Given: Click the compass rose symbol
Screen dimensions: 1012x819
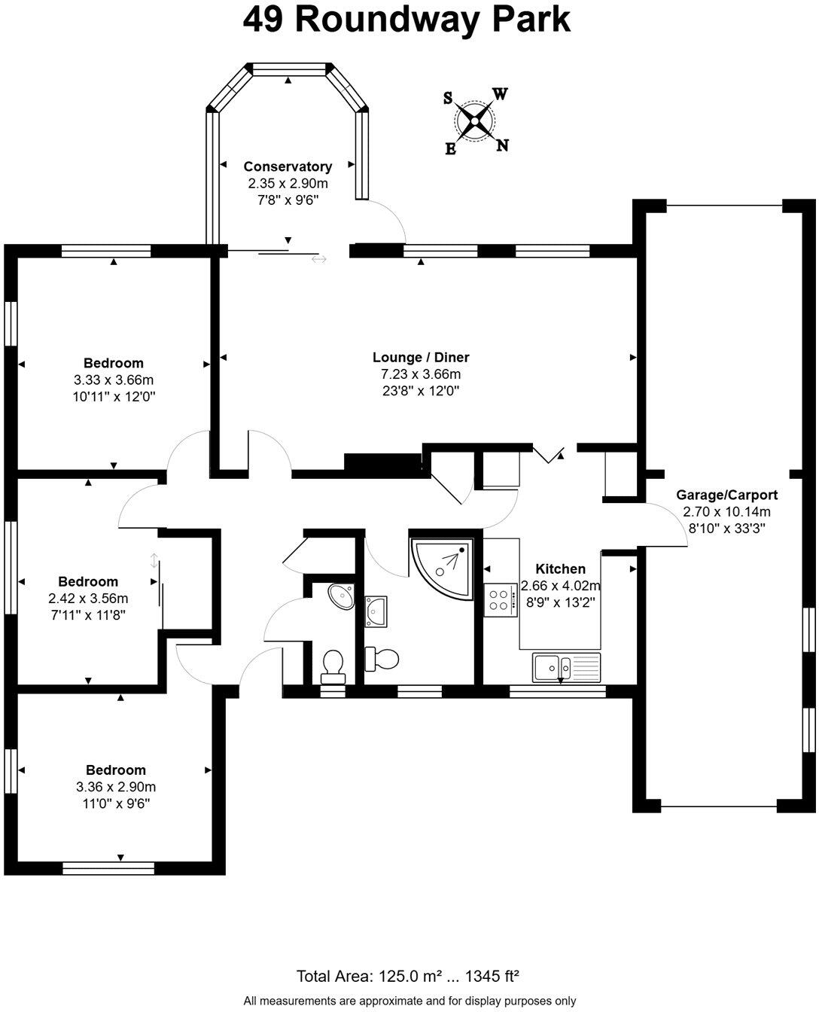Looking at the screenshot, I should (x=475, y=120).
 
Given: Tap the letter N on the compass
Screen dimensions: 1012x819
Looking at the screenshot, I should (x=502, y=145).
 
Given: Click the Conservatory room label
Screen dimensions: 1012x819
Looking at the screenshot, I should (x=288, y=166).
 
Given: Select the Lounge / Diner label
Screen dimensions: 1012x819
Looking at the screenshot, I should (x=421, y=357).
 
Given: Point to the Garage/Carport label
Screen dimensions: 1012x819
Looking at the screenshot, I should (x=726, y=495).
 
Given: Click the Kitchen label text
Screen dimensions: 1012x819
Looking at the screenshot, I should (x=560, y=568).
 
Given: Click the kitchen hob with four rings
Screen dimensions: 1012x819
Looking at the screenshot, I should (x=498, y=600).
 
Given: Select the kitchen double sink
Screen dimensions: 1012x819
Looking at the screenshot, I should (x=567, y=666).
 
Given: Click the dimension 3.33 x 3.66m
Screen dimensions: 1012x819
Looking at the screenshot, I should (x=113, y=379).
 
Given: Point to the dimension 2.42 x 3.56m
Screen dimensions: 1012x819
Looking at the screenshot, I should (x=88, y=599).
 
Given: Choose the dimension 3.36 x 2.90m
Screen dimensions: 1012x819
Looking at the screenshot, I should (x=115, y=787).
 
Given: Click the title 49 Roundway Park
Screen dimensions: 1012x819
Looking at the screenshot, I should (x=407, y=20).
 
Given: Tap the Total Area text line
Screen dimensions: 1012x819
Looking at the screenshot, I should (x=408, y=977).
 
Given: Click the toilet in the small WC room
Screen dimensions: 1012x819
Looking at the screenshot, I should (x=332, y=665).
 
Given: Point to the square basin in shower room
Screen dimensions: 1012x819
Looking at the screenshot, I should (x=376, y=611).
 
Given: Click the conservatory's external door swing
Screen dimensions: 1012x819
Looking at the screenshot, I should (x=388, y=221).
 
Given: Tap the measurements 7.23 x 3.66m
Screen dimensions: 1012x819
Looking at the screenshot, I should (x=421, y=374).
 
